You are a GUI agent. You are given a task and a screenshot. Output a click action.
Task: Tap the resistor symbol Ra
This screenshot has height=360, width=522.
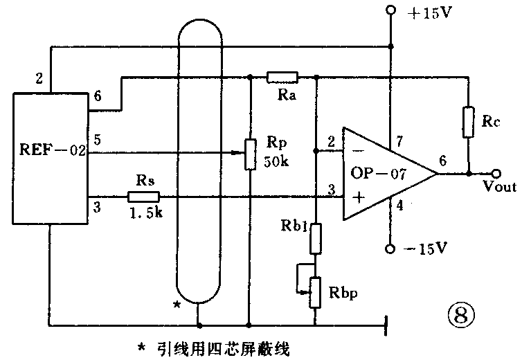pos(282,78)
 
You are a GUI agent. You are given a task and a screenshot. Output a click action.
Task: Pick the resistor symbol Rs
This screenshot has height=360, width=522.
pos(143,197)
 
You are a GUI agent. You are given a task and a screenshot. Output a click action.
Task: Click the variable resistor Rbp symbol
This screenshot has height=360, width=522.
pos(315,291)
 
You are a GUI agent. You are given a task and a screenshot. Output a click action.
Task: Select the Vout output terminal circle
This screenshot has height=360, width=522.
pos(496,173)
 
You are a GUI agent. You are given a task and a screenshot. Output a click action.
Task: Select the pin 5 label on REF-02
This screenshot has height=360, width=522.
pos(97,138)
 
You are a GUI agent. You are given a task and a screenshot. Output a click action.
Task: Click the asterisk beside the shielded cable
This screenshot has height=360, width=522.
pos(178,305)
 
